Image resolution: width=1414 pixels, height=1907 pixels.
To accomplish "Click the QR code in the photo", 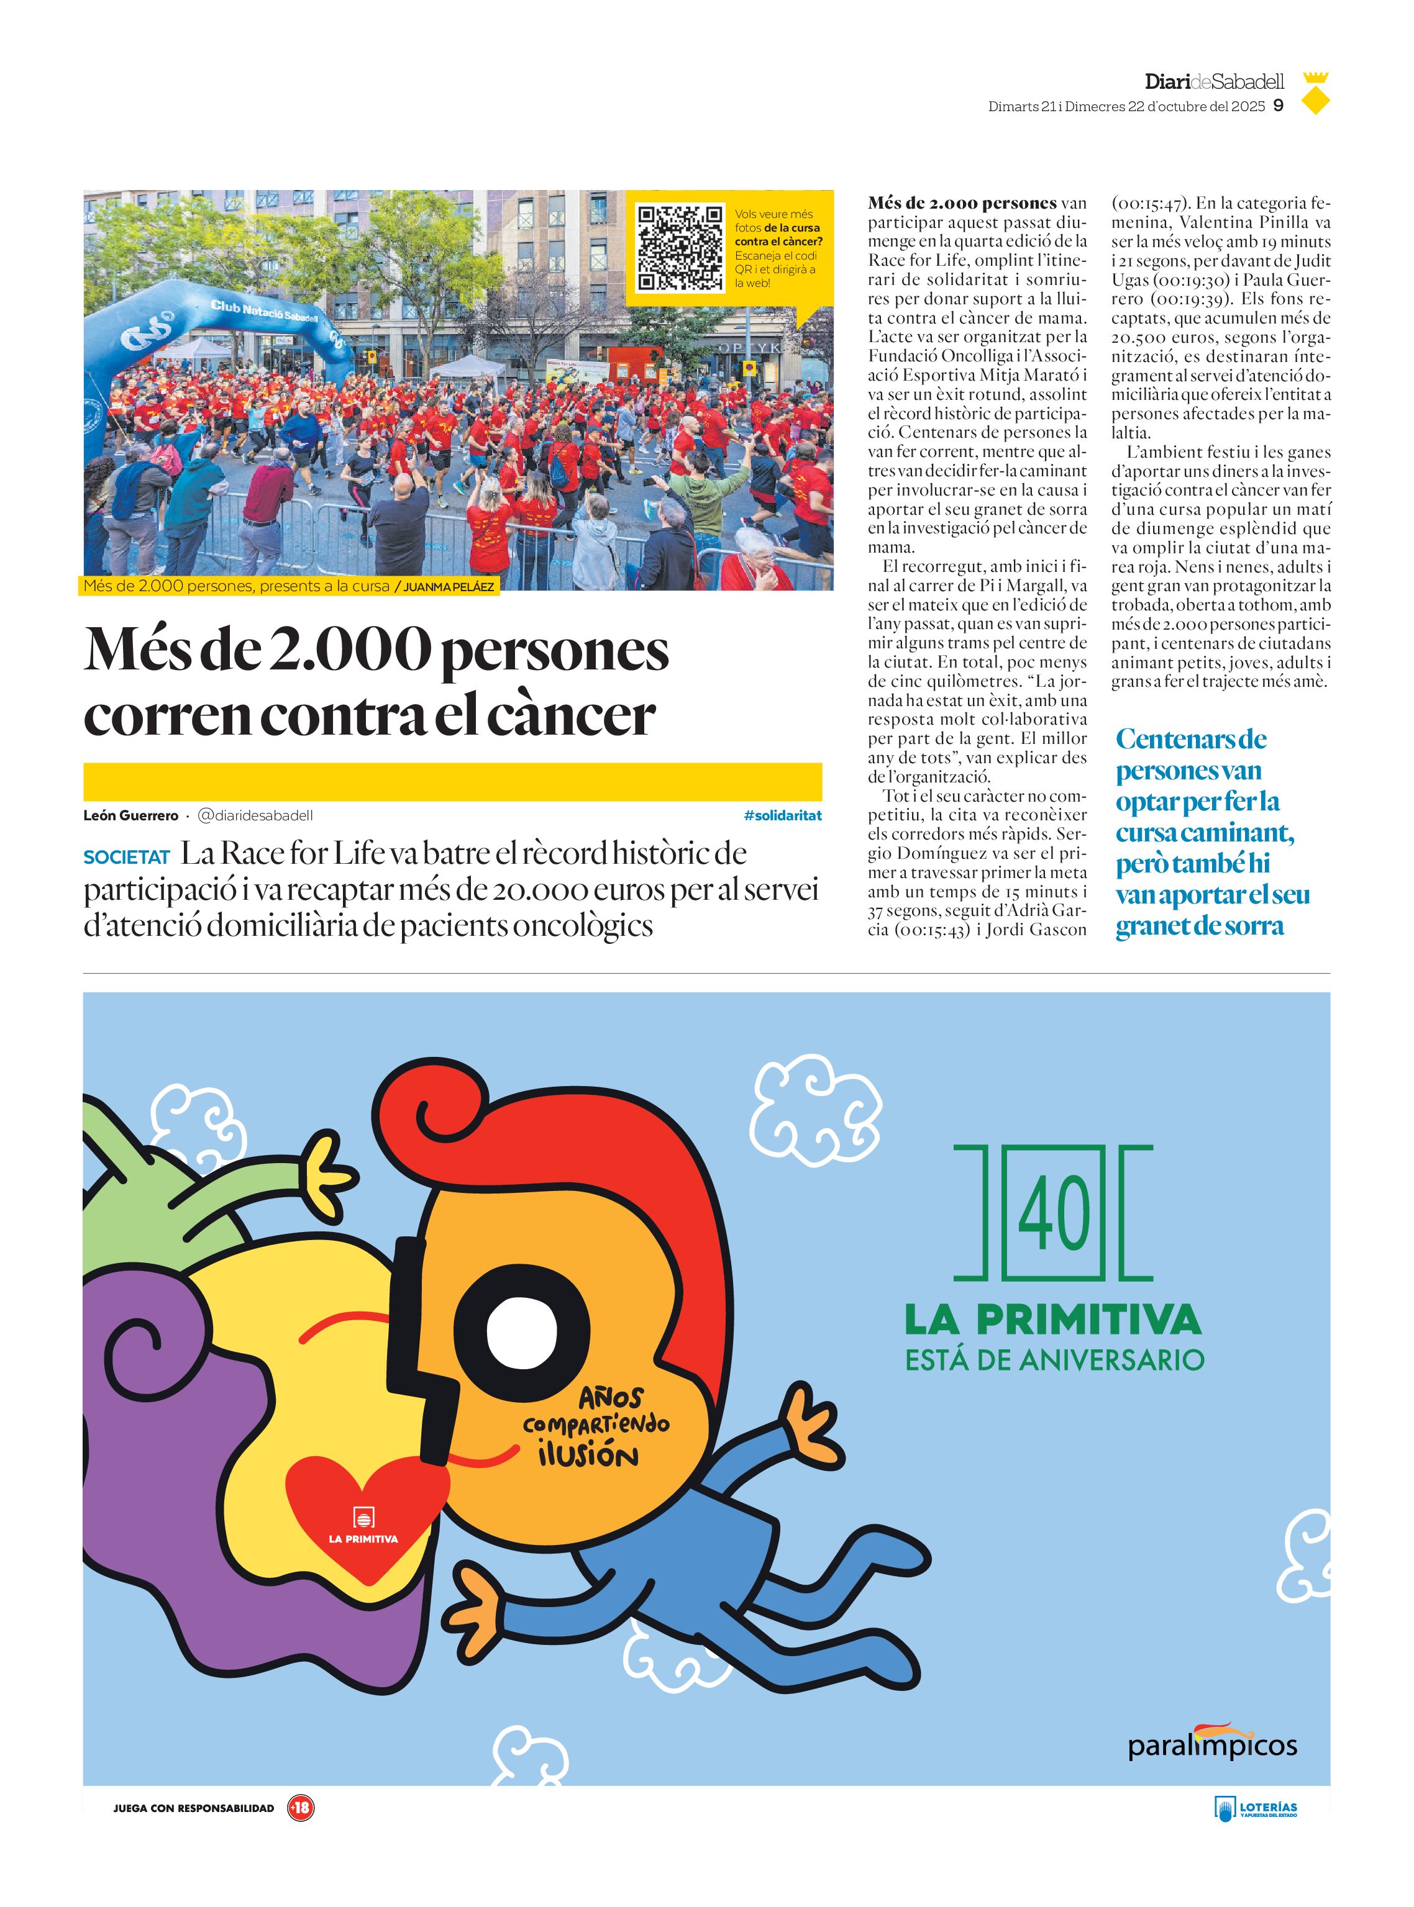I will point(680,248).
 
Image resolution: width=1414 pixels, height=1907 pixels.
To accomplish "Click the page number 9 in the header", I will point(1278,106).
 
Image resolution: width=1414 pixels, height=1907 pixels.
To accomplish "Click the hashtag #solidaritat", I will point(782,815).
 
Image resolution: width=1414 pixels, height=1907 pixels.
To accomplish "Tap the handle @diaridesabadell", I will point(256,815).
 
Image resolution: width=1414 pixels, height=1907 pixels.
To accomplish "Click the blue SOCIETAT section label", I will point(127,856).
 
